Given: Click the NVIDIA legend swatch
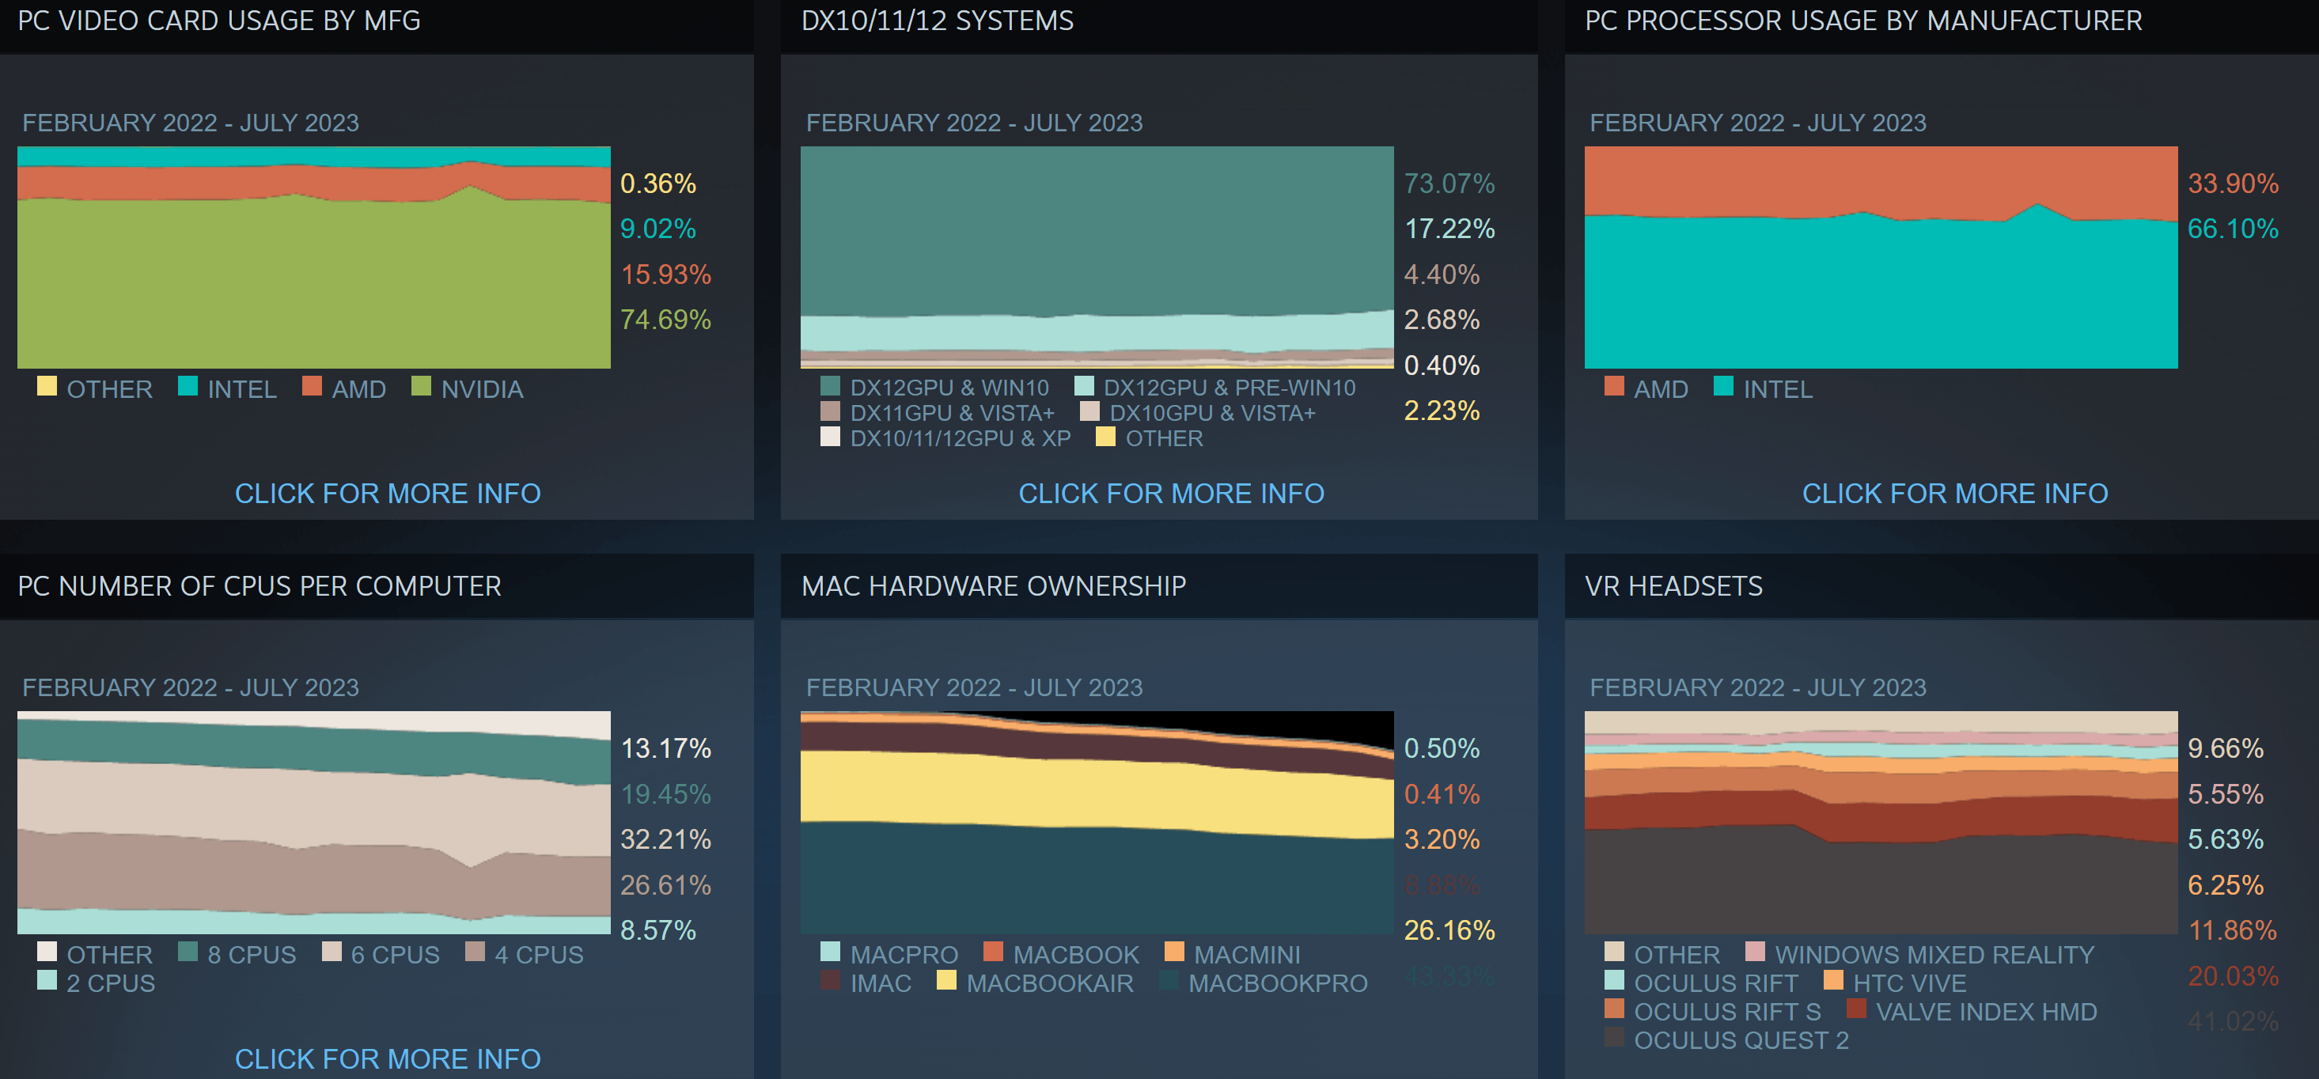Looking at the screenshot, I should point(420,386).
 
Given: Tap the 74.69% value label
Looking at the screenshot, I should point(665,320).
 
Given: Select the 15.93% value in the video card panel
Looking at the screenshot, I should point(665,274).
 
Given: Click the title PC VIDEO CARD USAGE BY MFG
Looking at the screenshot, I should point(218,21).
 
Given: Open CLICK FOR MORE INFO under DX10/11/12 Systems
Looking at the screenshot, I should point(1170,493).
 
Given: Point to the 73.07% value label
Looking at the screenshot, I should point(1449,184).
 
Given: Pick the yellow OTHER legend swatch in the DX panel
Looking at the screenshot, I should point(1105,437).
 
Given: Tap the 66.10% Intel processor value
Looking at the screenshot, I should point(2232,229).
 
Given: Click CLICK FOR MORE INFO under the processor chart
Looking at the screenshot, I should point(1954,493).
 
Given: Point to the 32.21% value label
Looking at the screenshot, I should point(665,839).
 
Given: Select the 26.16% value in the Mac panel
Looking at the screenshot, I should point(1449,930).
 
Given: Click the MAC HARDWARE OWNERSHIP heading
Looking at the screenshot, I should point(993,587).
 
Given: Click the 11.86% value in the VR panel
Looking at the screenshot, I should point(2232,930).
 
